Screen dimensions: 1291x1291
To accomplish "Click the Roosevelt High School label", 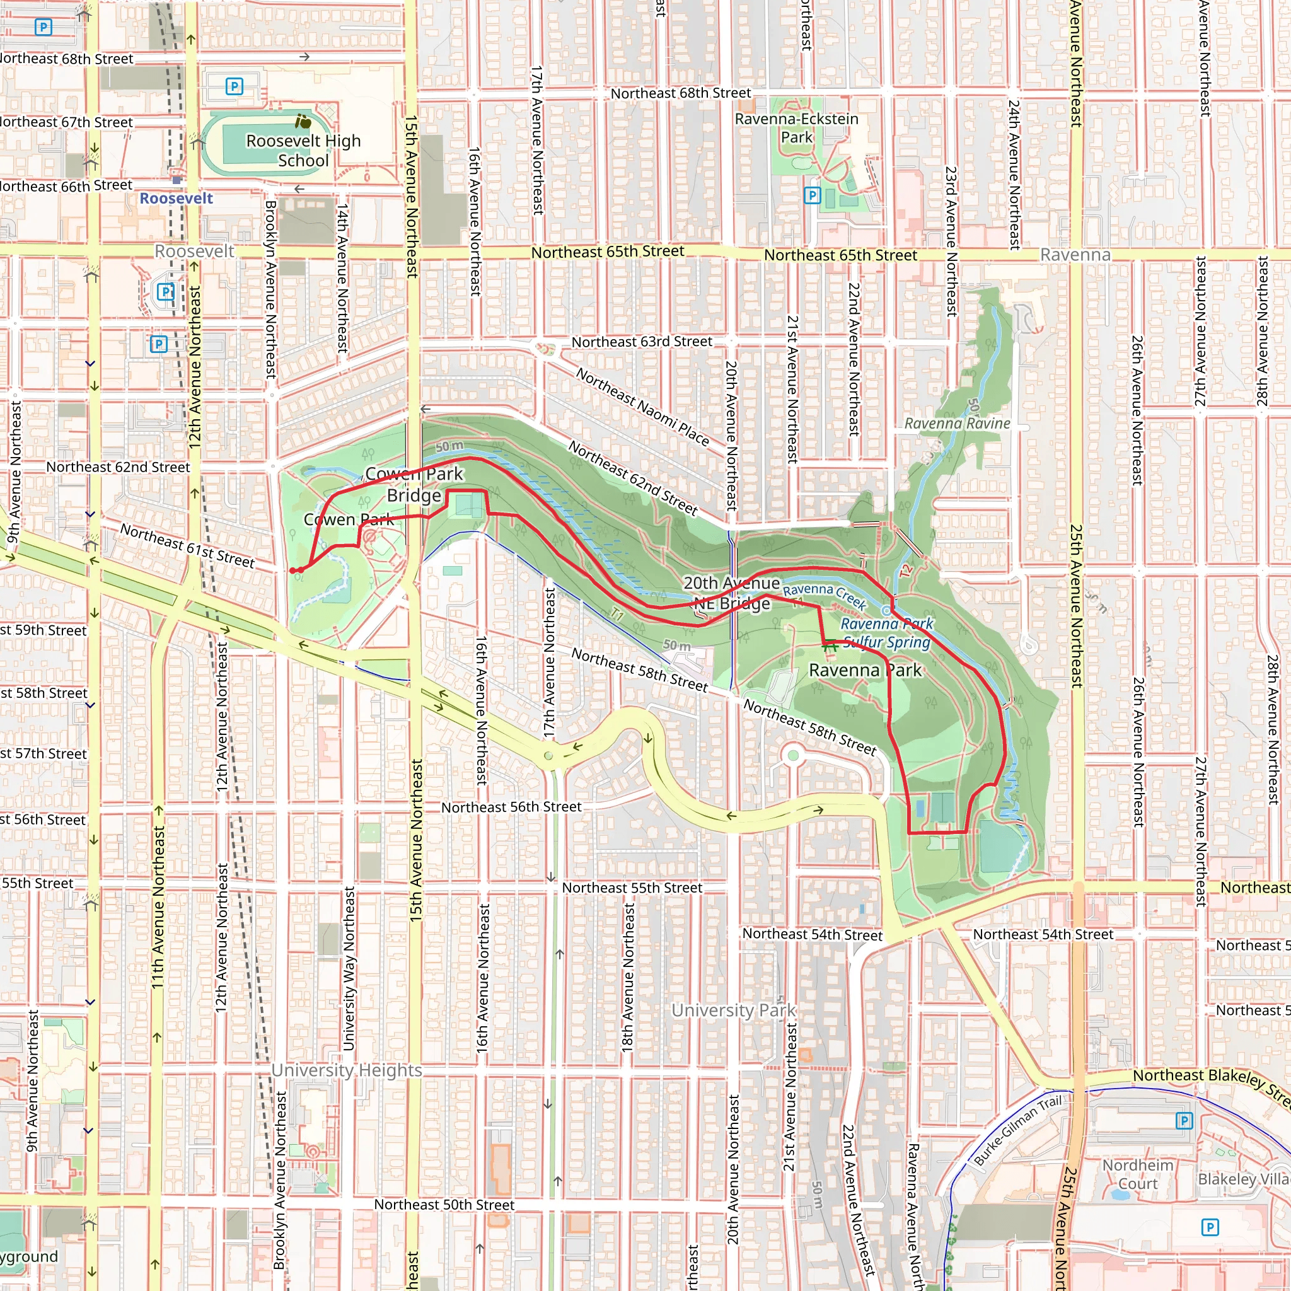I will tap(303, 151).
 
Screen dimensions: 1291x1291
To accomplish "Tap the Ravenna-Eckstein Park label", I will tap(797, 127).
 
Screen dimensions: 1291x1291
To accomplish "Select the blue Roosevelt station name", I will tap(176, 199).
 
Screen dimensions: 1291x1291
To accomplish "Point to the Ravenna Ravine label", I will tap(957, 423).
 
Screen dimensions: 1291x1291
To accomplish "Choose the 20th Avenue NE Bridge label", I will tap(732, 593).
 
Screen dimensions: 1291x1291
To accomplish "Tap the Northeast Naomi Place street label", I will tap(642, 407).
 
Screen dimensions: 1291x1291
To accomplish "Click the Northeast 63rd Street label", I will tap(642, 342).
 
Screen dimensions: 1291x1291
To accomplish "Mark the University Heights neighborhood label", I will tap(346, 1070).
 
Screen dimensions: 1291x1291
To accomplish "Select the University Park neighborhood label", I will tap(734, 1010).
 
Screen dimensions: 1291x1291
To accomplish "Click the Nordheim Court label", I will tap(1138, 1174).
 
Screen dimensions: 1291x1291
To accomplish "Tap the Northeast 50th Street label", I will tap(444, 1204).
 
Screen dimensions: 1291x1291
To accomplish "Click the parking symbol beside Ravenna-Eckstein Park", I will tap(812, 195).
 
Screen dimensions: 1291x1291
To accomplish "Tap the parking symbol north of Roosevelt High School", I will tap(234, 86).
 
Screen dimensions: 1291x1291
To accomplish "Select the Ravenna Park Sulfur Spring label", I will tap(887, 633).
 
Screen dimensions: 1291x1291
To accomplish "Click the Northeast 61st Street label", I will tap(187, 546).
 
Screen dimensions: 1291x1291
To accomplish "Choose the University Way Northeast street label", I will tap(349, 968).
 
